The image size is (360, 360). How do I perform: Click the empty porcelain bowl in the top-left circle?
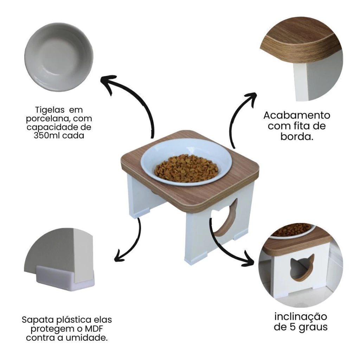pyautogui.click(x=59, y=57)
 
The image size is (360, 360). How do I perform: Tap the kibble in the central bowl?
pyautogui.click(x=186, y=168)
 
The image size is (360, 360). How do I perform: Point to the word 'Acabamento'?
pyautogui.click(x=297, y=115)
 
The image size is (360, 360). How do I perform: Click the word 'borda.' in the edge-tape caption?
pyautogui.click(x=297, y=137)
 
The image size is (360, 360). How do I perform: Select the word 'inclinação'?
pyautogui.click(x=301, y=317)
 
